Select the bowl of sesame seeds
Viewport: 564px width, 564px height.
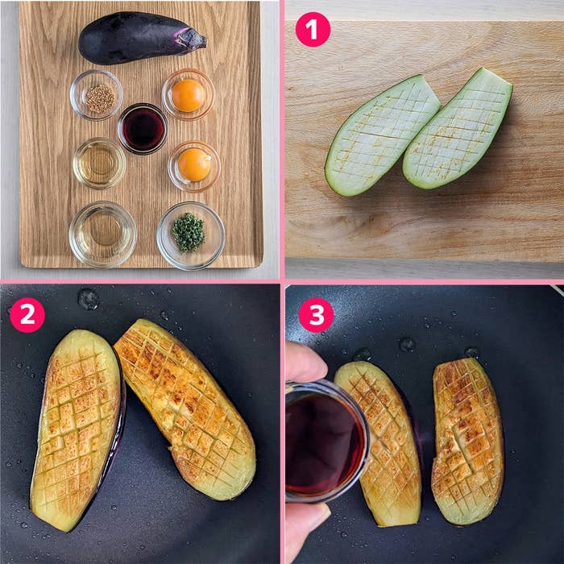[x=96, y=95]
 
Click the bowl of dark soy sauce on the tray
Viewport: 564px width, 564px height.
[x=143, y=129]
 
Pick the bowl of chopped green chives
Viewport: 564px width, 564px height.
[x=191, y=235]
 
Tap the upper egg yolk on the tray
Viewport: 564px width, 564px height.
[x=188, y=95]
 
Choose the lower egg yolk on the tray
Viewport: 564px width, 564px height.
[x=194, y=164]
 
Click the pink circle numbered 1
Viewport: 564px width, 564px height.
[x=313, y=30]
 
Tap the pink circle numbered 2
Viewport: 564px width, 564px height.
[x=27, y=315]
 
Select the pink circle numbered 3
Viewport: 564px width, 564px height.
[x=316, y=315]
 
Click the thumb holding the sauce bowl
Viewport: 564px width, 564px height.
[x=305, y=363]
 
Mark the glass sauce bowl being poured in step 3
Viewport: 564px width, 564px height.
[x=326, y=442]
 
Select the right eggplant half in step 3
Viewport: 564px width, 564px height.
[x=467, y=441]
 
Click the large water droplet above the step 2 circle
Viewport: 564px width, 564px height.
[x=88, y=299]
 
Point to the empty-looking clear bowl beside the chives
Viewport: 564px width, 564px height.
[x=103, y=234]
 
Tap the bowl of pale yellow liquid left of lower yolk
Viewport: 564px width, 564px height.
[x=99, y=164]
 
